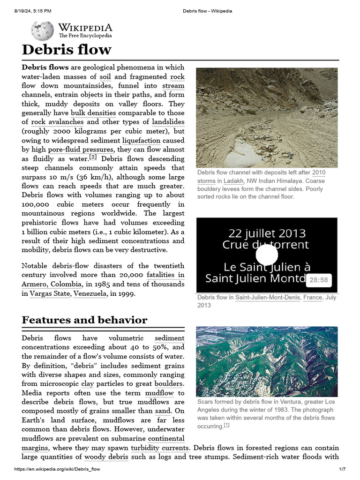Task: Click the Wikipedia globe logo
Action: point(42,30)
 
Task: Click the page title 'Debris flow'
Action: point(67,50)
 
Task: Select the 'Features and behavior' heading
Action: point(84,320)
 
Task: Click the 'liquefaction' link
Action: point(141,141)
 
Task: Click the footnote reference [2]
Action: point(93,157)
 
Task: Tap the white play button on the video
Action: point(267,255)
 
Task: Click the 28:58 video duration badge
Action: point(319,280)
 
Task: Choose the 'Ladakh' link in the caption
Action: point(233,181)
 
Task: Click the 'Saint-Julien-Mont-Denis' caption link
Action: point(267,298)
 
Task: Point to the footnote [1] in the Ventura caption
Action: point(226,426)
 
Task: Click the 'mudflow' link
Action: point(159,393)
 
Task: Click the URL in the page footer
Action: point(57,469)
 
